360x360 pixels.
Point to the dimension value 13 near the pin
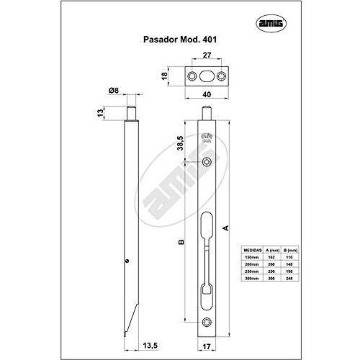(99, 113)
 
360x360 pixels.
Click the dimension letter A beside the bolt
(228, 228)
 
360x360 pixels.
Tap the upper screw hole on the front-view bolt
(207, 161)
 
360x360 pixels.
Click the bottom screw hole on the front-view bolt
(207, 323)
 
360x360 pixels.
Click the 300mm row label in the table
(250, 278)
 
